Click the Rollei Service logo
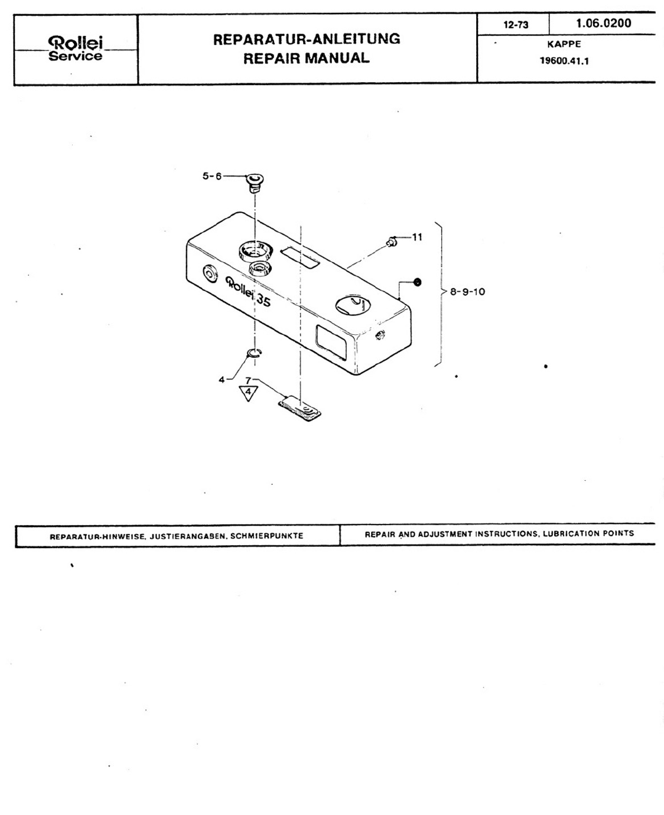coord(76,49)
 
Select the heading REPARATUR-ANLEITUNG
coord(306,39)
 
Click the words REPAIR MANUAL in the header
coord(306,58)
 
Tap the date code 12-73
coord(515,25)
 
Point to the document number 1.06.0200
coord(603,24)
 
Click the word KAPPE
coord(564,44)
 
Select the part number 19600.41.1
coord(564,61)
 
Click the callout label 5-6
coord(211,176)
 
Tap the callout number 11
coord(417,237)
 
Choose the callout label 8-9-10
coord(467,292)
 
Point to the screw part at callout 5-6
coord(255,182)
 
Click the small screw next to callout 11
coord(390,242)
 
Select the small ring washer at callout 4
coord(255,353)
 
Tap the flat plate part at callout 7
coord(300,408)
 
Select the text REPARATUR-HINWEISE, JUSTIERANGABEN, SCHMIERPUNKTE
coord(177,536)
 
